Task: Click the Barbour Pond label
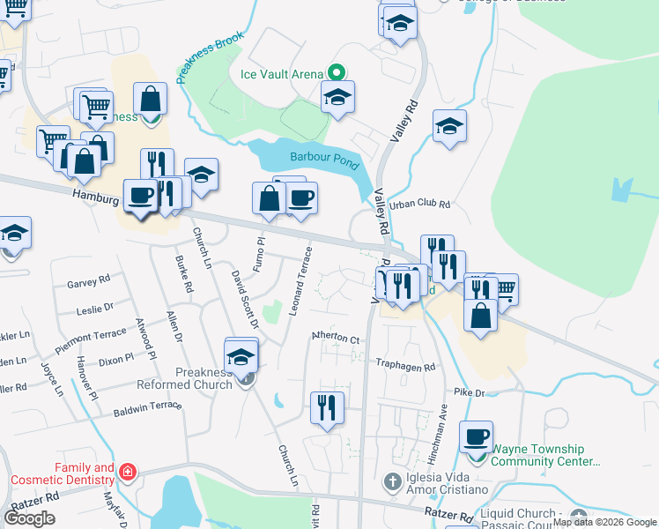325,160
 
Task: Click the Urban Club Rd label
419,204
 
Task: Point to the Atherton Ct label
336,339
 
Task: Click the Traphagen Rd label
406,367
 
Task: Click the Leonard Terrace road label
300,282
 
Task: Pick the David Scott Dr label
245,301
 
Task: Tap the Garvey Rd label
88,283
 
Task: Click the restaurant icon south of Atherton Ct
326,407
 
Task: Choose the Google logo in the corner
30,518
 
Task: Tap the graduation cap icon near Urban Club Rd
449,126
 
